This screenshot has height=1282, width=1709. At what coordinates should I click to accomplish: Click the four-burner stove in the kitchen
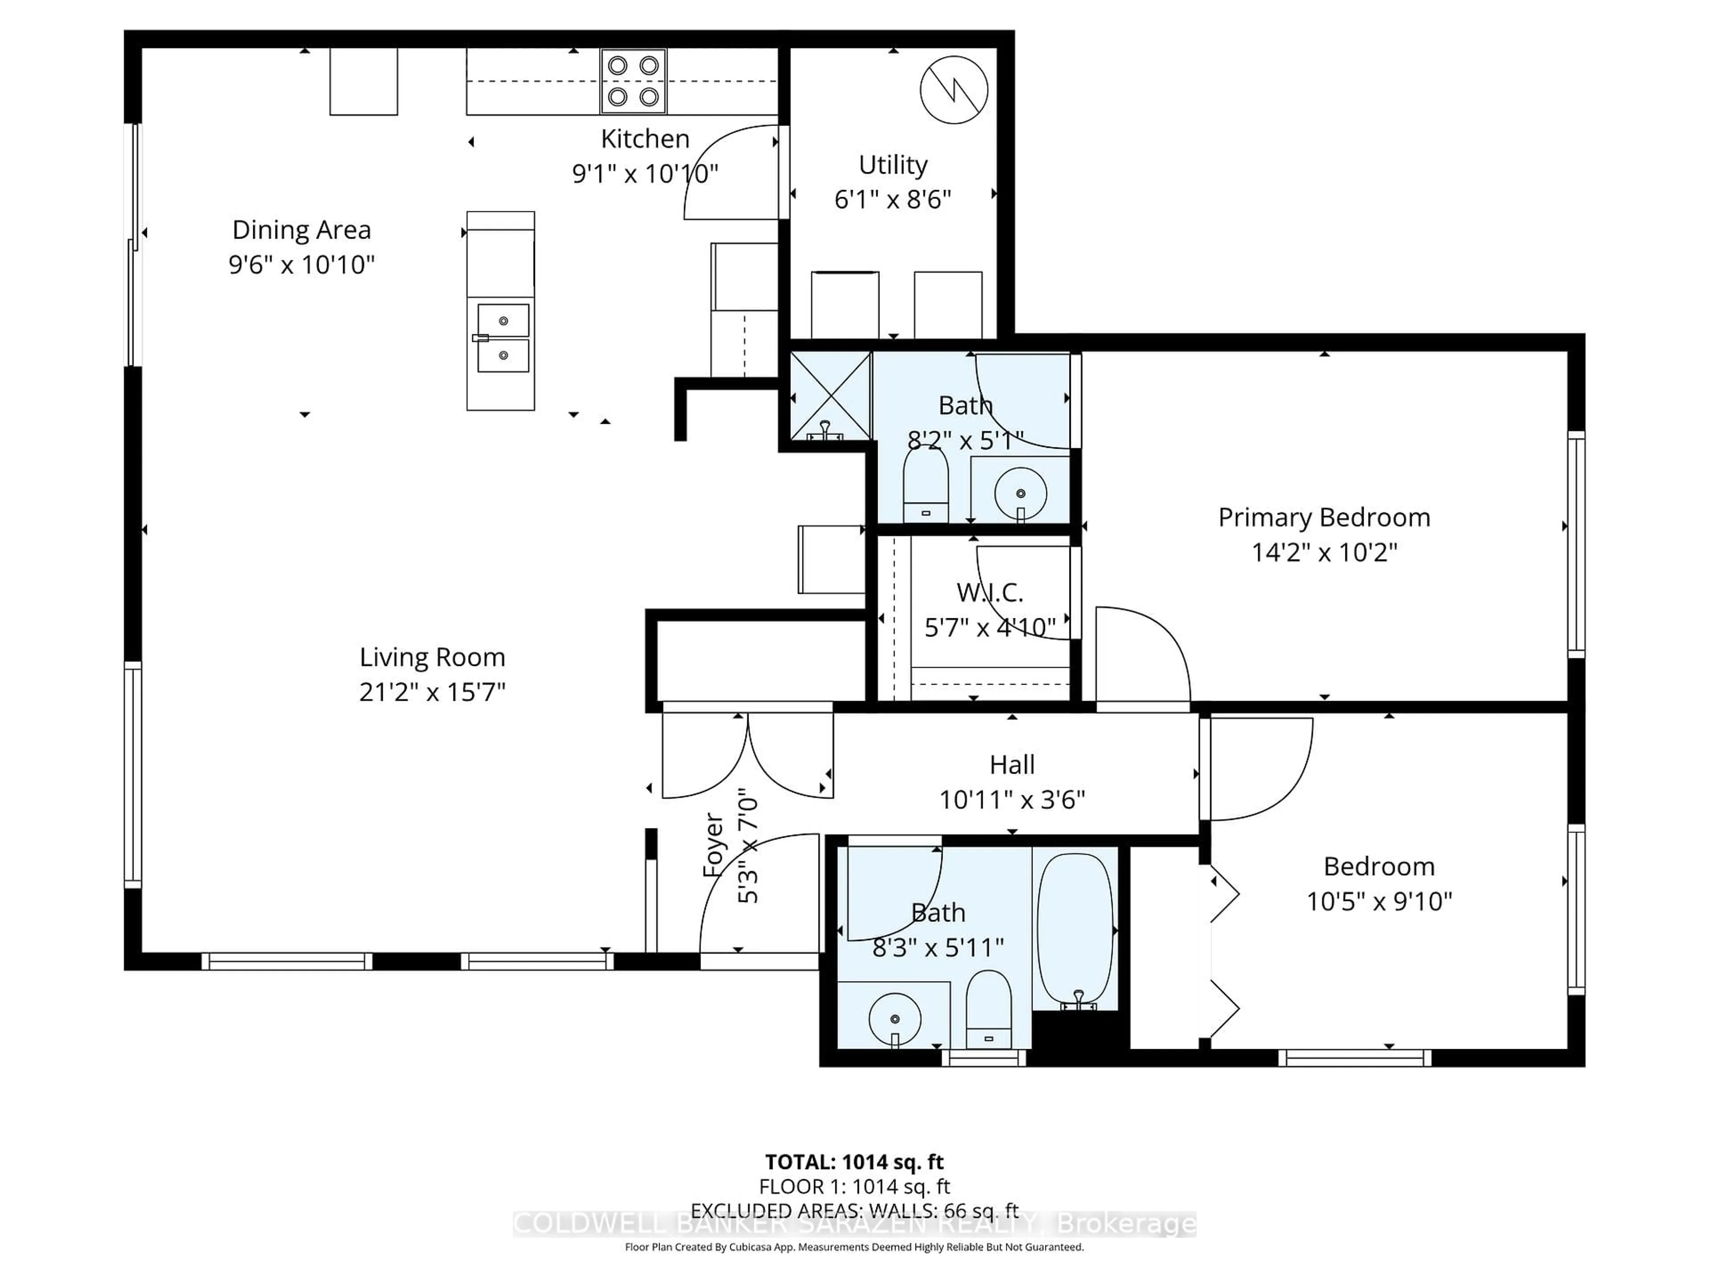633,81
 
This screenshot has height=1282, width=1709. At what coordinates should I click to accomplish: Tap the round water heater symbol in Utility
954,89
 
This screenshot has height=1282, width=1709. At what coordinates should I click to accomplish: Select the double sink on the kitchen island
503,338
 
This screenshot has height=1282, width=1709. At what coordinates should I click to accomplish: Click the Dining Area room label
301,230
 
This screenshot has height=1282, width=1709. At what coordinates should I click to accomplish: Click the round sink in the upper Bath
1020,492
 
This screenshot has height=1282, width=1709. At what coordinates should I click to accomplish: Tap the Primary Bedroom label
1324,517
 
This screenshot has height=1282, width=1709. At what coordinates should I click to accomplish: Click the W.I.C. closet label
990,593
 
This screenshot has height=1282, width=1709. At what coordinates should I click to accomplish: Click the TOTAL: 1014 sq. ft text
854,1161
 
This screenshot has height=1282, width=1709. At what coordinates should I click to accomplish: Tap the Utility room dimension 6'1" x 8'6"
892,199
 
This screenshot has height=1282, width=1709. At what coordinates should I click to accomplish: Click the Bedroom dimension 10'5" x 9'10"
1379,901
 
